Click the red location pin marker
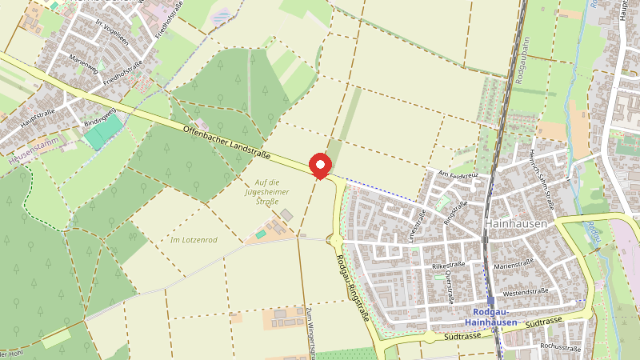coord(321,166)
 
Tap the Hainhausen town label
coord(516,224)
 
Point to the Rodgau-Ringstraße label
coord(353,287)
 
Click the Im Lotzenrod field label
coord(194,240)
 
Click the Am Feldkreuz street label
coord(458,174)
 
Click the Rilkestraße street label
coord(449,264)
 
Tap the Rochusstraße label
coord(560,348)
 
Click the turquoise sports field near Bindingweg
coord(104,132)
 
